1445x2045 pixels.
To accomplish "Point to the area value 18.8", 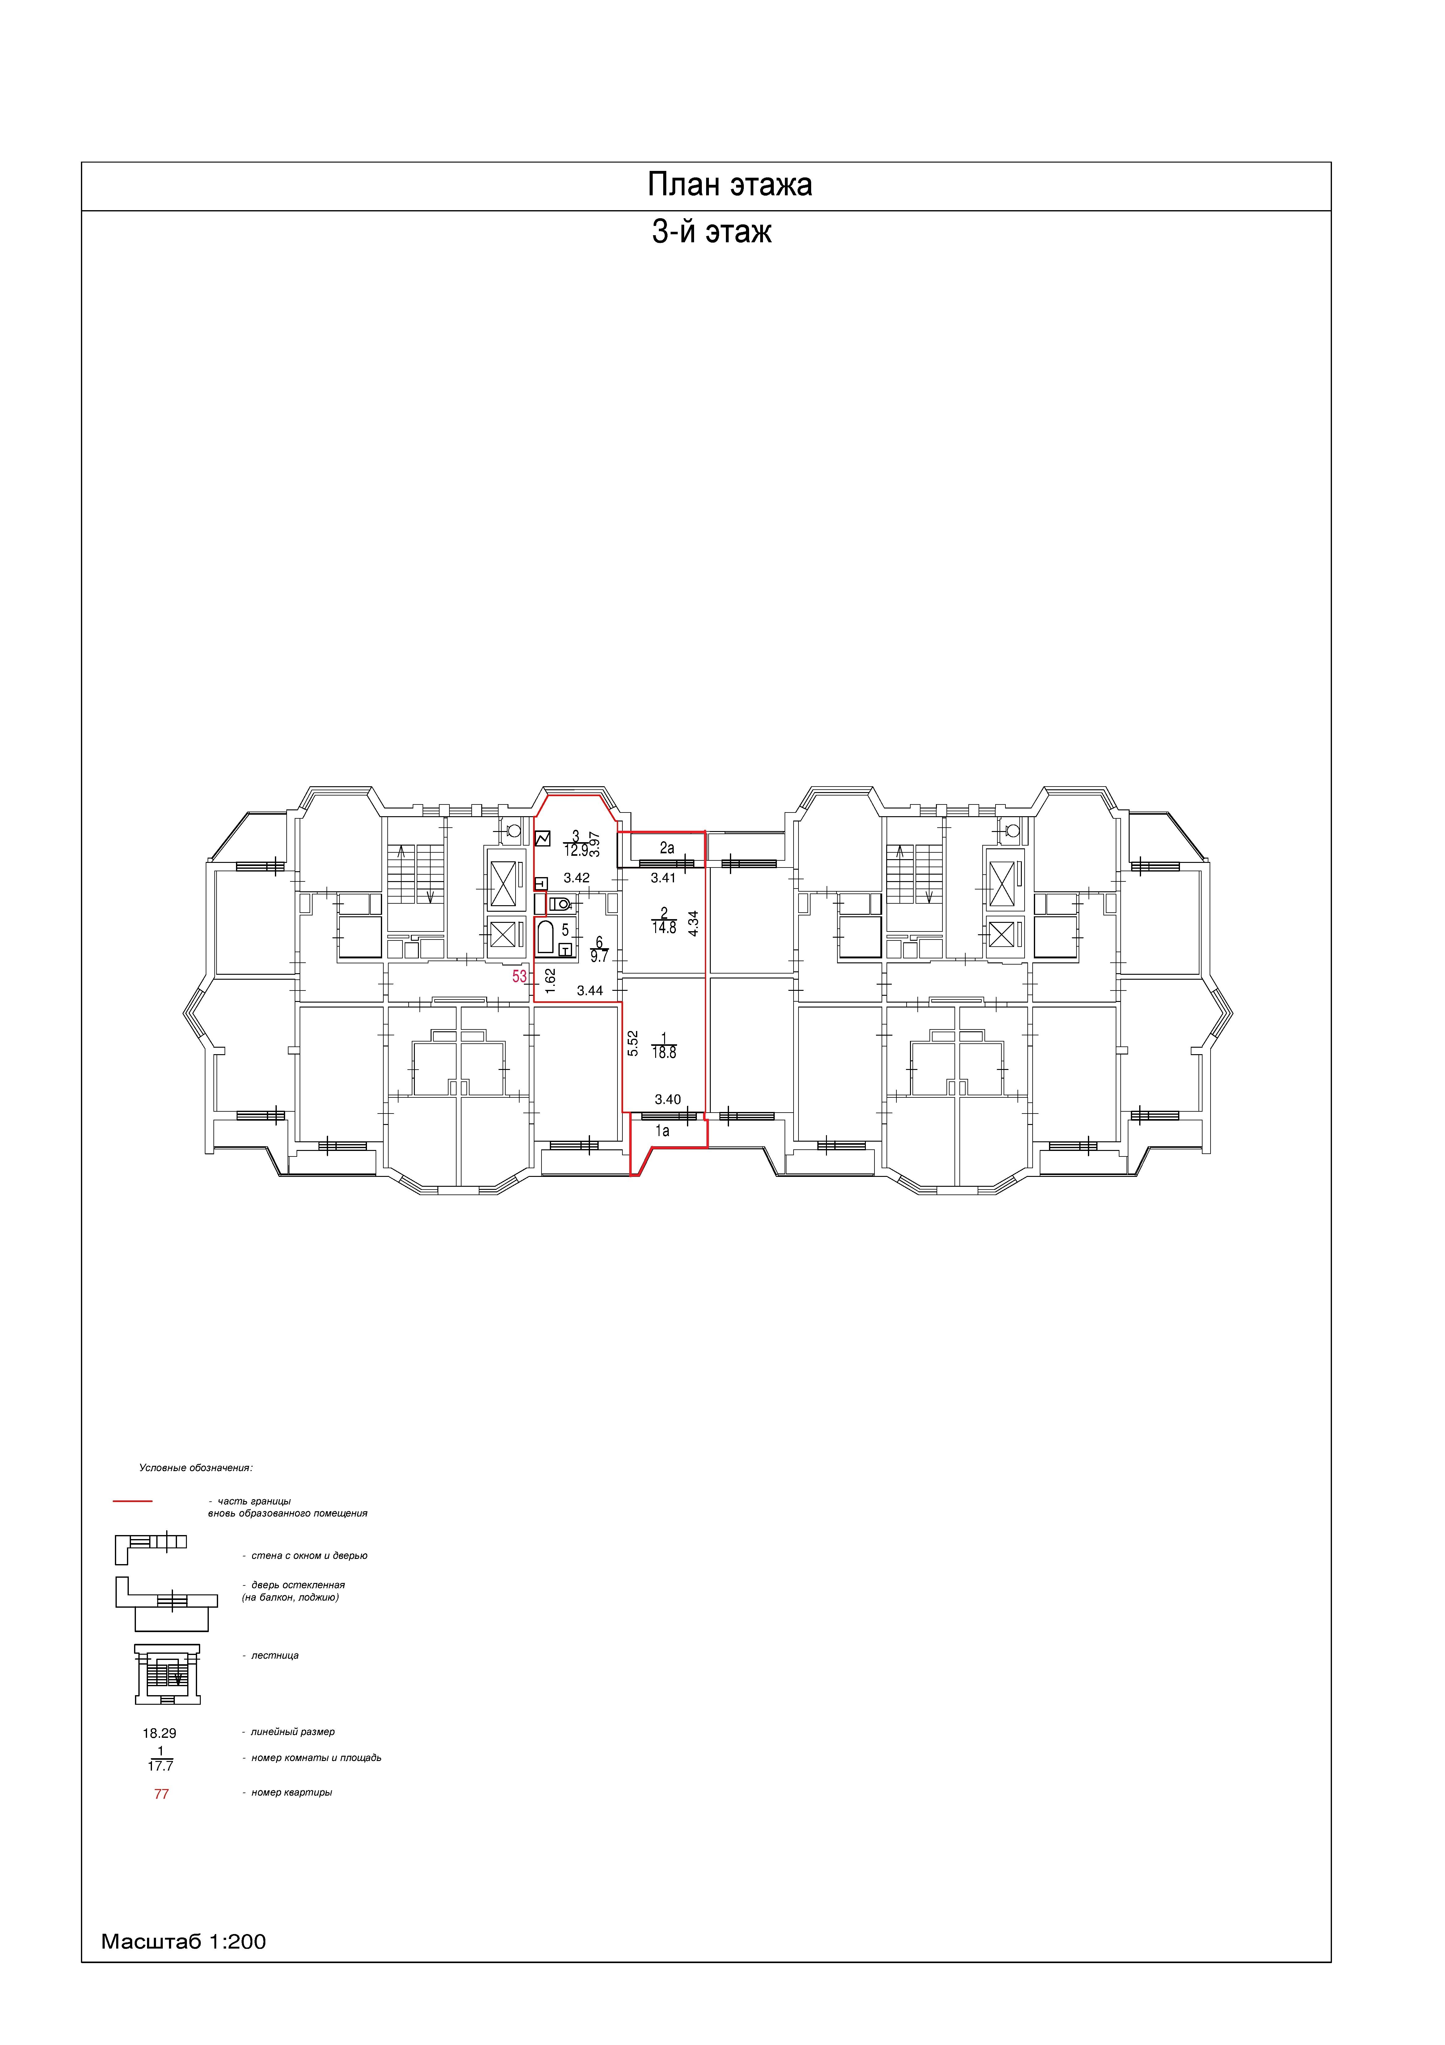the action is point(664,1053).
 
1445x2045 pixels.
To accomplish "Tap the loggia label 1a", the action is point(662,1131).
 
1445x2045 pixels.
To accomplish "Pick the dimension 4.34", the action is point(693,922).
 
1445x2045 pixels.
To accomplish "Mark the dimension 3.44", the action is point(589,991).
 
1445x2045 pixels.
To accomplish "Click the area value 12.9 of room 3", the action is point(576,851).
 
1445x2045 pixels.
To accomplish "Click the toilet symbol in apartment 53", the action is point(560,904).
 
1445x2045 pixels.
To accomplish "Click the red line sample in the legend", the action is point(133,1501).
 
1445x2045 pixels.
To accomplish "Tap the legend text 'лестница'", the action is point(275,1656).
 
